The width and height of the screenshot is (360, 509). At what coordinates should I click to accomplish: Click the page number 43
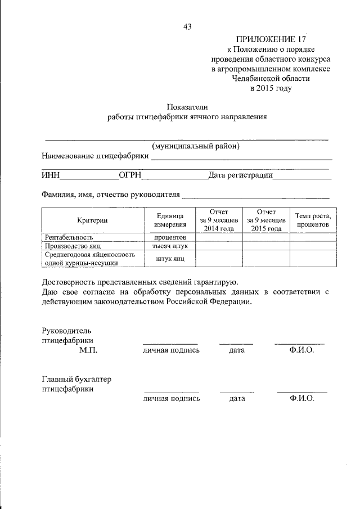coord(188,26)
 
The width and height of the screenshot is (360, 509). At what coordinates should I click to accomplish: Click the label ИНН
coord(51,175)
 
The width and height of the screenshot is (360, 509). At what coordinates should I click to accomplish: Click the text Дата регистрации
coord(240,175)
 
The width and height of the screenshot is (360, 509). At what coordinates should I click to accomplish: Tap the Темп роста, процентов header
coord(313,220)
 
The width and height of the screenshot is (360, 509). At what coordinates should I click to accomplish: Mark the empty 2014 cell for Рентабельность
coord(219,237)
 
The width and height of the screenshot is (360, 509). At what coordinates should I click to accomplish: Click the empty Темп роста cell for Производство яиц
coord(313,246)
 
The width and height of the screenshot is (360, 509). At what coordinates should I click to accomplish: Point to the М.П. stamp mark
coord(88,350)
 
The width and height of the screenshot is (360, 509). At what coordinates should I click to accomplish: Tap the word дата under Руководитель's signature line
coord(237,350)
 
